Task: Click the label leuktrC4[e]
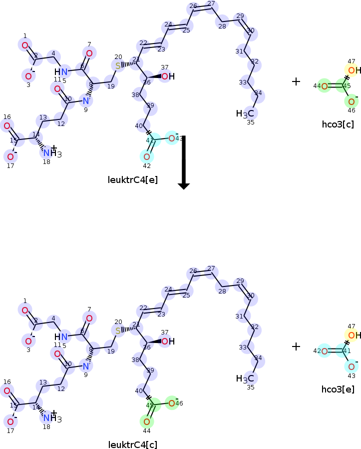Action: pyautogui.click(x=133, y=179)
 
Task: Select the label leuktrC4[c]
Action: pyautogui.click(x=133, y=444)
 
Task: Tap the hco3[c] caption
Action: pyautogui.click(x=338, y=124)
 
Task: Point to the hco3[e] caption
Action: pyautogui.click(x=338, y=389)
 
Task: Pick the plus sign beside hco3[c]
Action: pyautogui.click(x=296, y=81)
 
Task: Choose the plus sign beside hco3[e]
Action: pyautogui.click(x=296, y=346)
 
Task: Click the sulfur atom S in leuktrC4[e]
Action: pyautogui.click(x=118, y=66)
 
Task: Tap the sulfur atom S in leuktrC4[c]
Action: pyautogui.click(x=118, y=331)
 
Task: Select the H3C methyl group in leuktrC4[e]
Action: pyautogui.click(x=246, y=114)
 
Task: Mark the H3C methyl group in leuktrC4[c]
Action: pyautogui.click(x=246, y=378)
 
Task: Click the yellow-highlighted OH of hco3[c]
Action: pyautogui.click(x=354, y=70)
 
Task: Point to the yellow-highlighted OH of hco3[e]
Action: pyautogui.click(x=354, y=335)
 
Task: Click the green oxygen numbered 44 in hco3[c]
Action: pyautogui.click(x=324, y=86)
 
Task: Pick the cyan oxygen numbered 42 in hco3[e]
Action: pyautogui.click(x=324, y=351)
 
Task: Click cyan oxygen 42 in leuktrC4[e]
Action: pyautogui.click(x=147, y=156)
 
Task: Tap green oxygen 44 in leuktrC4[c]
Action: pyautogui.click(x=147, y=421)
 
